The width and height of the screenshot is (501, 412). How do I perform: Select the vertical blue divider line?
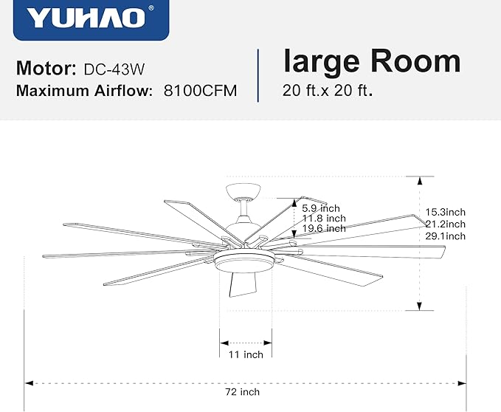(258, 75)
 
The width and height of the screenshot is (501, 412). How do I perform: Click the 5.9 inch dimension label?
(321, 207)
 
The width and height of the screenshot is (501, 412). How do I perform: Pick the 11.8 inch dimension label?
(323, 218)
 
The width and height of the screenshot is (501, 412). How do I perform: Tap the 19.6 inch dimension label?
(323, 228)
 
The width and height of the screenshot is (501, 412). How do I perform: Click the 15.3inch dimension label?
(445, 213)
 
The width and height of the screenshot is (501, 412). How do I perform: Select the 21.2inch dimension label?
(445, 224)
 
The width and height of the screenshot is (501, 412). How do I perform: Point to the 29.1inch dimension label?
(445, 236)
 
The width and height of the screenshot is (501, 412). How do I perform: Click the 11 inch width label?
(246, 355)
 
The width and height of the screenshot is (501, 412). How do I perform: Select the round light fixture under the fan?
(246, 260)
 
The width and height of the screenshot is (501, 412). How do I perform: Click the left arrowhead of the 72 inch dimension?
(30, 383)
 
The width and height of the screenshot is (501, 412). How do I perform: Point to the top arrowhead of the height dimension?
(421, 180)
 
